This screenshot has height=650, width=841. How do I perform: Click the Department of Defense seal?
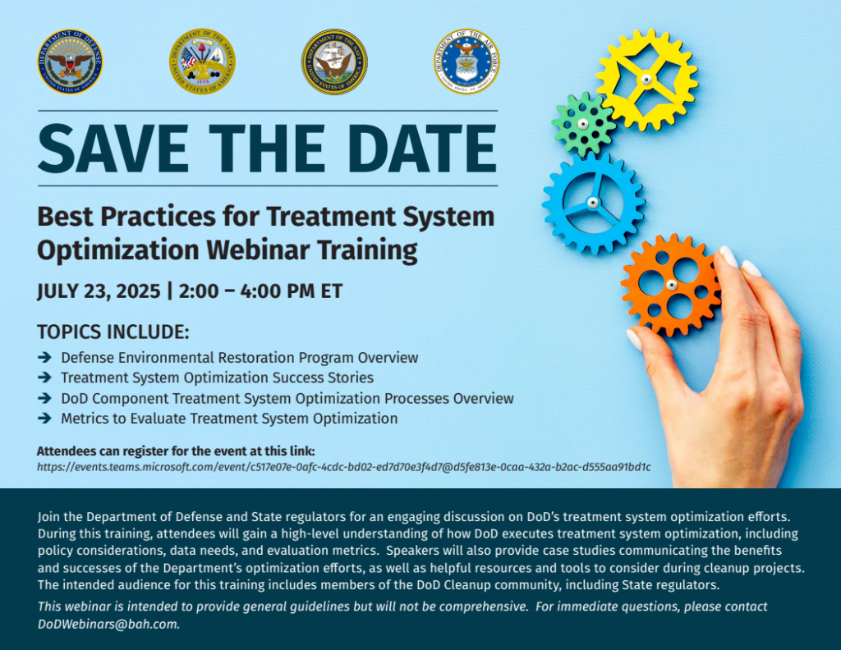click(71, 62)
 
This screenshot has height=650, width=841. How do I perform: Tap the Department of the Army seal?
click(202, 62)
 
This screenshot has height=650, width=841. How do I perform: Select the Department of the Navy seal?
click(334, 62)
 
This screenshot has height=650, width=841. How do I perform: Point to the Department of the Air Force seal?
click(466, 62)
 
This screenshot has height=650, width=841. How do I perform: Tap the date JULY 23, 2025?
click(99, 291)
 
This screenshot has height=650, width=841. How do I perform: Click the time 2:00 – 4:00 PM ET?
click(260, 291)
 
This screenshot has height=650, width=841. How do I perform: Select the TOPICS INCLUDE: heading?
click(113, 332)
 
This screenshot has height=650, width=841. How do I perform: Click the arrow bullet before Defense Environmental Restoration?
click(45, 358)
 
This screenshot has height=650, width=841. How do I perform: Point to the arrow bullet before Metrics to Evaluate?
click(45, 418)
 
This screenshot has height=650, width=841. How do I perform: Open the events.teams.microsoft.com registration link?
click(344, 467)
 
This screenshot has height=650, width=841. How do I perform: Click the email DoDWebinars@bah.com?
click(108, 625)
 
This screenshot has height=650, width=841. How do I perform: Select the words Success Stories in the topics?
click(323, 378)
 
